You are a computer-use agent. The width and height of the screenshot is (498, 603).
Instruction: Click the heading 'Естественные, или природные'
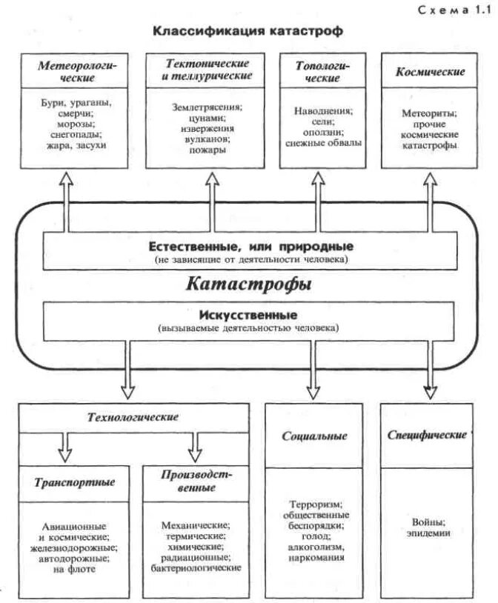click(250, 245)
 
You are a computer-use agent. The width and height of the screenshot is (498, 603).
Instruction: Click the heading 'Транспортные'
click(74, 482)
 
